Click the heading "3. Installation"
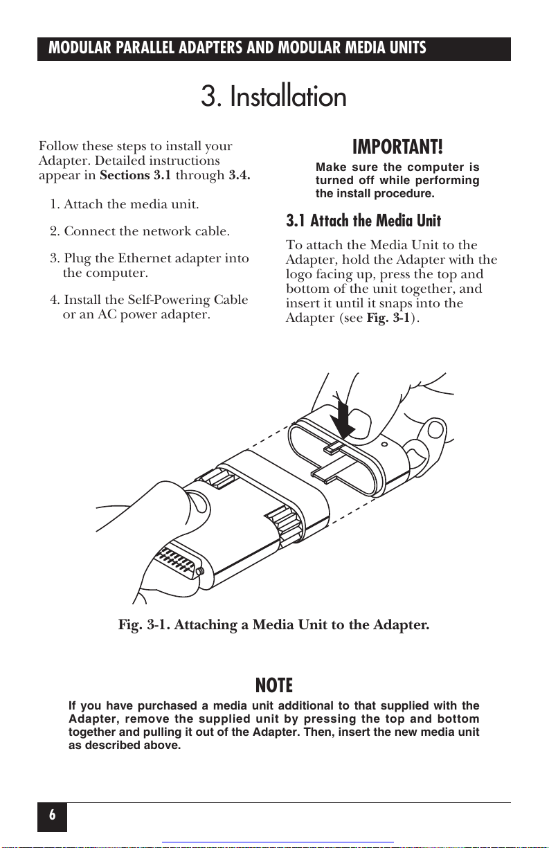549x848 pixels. [x=273, y=97]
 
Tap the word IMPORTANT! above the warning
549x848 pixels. [x=397, y=147]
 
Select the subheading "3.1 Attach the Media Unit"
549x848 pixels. [x=363, y=222]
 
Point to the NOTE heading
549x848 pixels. [x=274, y=686]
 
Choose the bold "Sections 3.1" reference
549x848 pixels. [x=136, y=175]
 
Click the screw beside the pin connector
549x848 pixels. [x=199, y=572]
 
